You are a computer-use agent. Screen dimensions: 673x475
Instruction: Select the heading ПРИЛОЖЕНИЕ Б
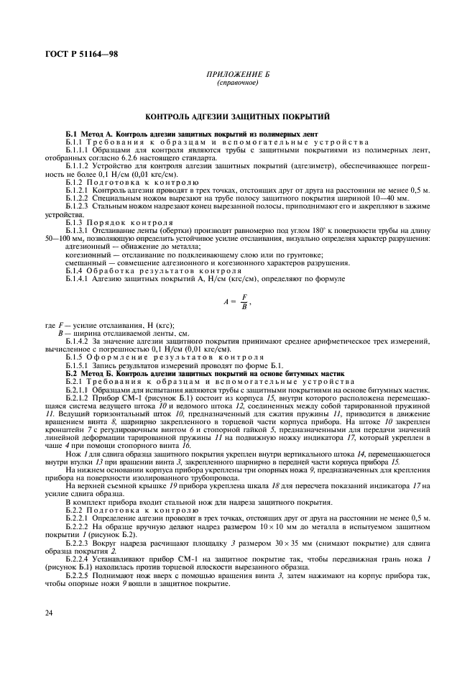(236, 75)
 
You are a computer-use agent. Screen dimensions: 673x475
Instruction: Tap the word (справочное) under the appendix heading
(236, 83)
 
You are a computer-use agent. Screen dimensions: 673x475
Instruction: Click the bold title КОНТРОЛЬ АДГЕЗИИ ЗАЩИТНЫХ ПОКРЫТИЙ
(237, 114)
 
